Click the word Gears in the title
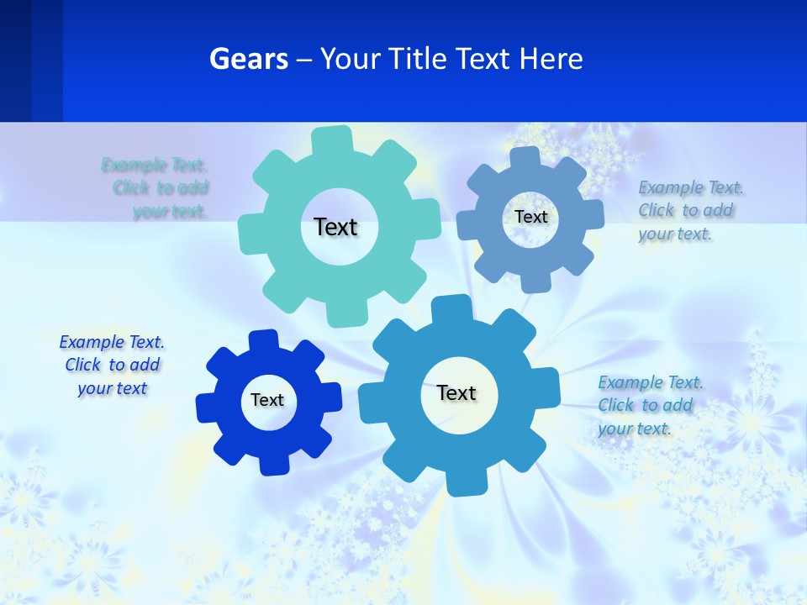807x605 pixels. [x=249, y=60]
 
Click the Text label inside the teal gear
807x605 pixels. [x=335, y=227]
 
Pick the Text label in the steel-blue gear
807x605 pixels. [x=530, y=217]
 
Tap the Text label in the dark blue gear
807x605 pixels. [x=267, y=400]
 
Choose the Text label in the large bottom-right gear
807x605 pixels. [x=456, y=392]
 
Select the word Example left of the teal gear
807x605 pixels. [x=134, y=165]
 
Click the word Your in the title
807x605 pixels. [x=352, y=60]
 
